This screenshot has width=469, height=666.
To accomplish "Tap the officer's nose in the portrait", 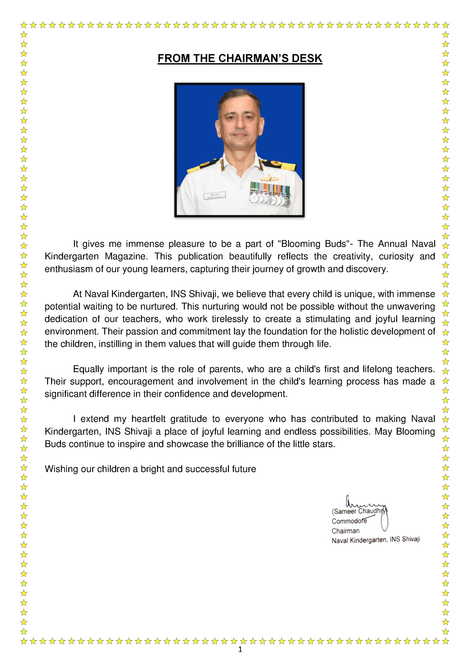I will click(x=239, y=124).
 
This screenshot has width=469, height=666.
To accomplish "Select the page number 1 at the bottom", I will click(x=240, y=649).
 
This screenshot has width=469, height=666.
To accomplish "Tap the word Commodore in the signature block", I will click(x=349, y=521).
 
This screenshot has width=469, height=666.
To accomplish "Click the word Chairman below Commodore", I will click(x=345, y=531).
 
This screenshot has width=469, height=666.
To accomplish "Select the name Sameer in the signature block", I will click(x=345, y=512).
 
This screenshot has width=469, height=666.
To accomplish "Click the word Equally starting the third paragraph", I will click(x=88, y=369).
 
